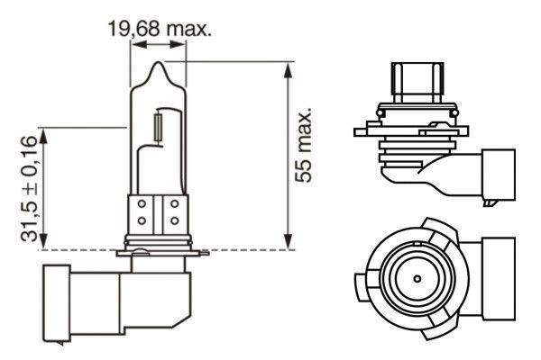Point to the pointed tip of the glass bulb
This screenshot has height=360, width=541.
159,65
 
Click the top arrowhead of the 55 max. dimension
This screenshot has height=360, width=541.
288,67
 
